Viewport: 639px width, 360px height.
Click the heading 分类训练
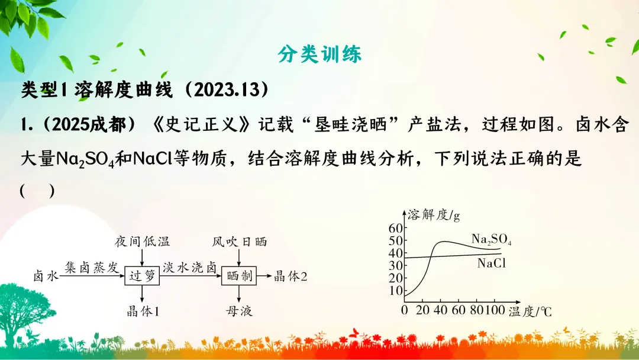click(x=319, y=54)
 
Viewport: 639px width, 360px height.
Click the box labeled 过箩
click(x=143, y=275)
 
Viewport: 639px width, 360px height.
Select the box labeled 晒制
click(x=238, y=275)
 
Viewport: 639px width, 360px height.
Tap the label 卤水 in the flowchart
click(x=46, y=276)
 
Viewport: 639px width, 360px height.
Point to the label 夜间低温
click(x=143, y=241)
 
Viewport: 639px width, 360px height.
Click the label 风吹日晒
click(x=239, y=241)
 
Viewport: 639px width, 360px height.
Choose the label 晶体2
click(x=291, y=276)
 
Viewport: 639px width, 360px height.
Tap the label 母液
click(x=239, y=311)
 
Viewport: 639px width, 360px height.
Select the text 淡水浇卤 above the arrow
click(x=191, y=267)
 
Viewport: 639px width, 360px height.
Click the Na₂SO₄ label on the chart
click(x=491, y=239)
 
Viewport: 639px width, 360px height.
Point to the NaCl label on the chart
click(x=492, y=263)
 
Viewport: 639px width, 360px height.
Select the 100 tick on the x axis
click(x=492, y=311)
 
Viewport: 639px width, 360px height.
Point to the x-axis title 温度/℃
click(x=530, y=311)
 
